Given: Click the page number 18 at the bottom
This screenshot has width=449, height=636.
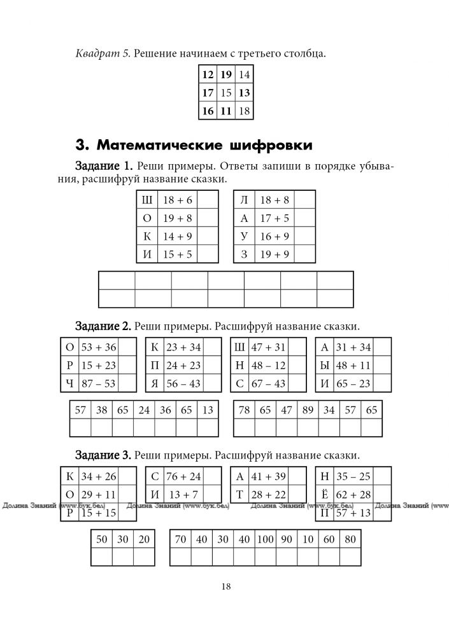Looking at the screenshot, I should pos(225,586).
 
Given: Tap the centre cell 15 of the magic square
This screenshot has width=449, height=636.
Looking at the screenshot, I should pos(226,92).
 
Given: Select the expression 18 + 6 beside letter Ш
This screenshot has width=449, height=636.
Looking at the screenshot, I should pos(177,200).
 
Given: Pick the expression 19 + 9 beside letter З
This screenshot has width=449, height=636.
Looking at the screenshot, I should pos(274,255).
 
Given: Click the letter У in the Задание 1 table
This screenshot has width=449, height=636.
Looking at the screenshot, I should pos(243,237).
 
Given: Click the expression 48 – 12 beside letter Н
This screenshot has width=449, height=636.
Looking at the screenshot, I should pos(268,365).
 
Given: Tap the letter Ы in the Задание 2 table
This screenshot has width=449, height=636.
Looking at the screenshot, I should pos(325,365).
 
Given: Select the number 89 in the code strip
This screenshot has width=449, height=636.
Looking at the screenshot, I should pos(308,411).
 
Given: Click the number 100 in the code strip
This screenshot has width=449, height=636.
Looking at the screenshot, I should pos(265,539).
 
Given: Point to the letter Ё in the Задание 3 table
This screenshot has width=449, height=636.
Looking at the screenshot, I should pos(325,494).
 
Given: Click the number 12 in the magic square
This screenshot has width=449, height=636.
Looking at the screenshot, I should pos(208,74).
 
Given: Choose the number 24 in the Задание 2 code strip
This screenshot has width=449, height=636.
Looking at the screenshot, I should pos(144,411).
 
